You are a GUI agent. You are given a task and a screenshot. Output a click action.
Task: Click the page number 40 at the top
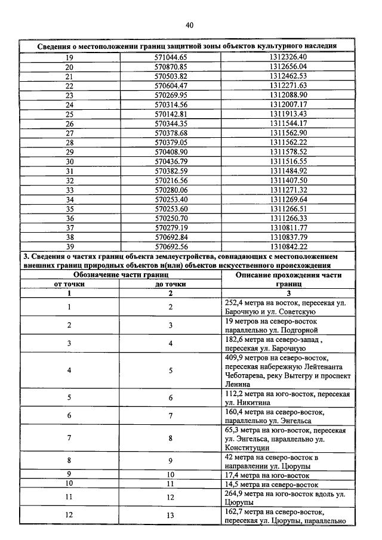189,25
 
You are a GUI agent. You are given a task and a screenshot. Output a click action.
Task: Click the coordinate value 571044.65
171,57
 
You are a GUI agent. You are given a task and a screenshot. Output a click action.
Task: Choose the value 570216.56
171,180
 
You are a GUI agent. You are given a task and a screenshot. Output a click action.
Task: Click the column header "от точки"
69,285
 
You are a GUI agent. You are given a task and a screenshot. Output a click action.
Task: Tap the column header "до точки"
171,285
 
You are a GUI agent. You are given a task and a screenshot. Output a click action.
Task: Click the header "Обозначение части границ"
119,275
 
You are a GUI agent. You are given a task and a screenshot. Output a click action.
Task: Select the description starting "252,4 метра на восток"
285,307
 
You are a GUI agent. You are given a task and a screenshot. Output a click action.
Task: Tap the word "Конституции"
248,448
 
